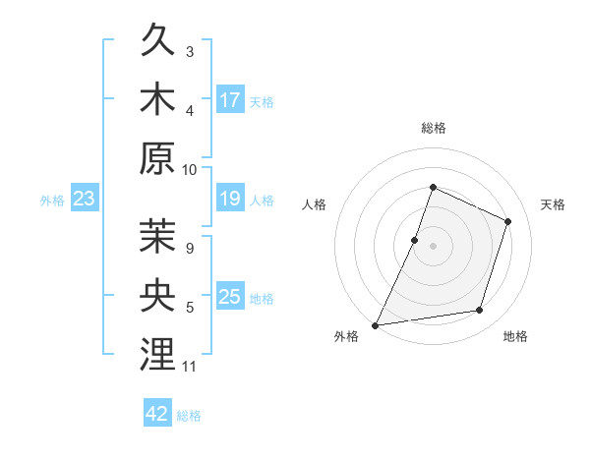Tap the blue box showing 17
[230, 99]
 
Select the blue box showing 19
[230, 200]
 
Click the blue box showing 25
[230, 297]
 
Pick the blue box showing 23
[84, 200]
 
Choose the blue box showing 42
[157, 414]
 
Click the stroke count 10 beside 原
[190, 169]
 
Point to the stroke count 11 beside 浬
[190, 367]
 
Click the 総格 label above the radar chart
[433, 128]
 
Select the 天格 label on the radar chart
[554, 204]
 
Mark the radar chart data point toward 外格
[376, 324]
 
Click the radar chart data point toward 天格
[508, 221]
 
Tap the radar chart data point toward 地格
[480, 311]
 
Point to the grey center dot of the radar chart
[433, 246]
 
